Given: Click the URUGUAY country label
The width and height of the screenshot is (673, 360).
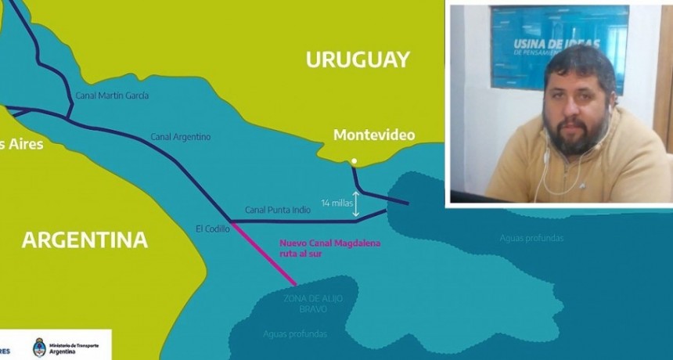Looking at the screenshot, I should pyautogui.click(x=358, y=59).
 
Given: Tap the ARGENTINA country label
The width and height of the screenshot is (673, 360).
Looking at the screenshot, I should pyautogui.click(x=85, y=239).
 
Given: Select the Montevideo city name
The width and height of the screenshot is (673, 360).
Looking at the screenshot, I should pyautogui.click(x=374, y=135).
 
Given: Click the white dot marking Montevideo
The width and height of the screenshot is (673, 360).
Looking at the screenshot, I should pyautogui.click(x=354, y=162).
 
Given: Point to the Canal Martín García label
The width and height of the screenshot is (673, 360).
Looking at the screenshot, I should pyautogui.click(x=112, y=95).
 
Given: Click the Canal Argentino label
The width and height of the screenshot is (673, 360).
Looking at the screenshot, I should pyautogui.click(x=181, y=137).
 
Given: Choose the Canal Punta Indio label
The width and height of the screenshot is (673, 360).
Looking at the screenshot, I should pyautogui.click(x=278, y=210).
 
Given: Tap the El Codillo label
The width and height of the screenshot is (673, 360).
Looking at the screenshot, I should pyautogui.click(x=211, y=229).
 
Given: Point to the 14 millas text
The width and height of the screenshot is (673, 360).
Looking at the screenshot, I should pyautogui.click(x=336, y=203).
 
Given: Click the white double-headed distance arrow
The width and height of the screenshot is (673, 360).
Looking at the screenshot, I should pyautogui.click(x=356, y=203).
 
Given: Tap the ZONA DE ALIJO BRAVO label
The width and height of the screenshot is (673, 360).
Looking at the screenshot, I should pyautogui.click(x=313, y=304).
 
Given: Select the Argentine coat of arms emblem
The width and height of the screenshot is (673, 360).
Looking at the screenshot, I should pyautogui.click(x=39, y=347).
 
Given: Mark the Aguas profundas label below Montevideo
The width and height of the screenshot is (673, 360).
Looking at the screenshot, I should pyautogui.click(x=531, y=238).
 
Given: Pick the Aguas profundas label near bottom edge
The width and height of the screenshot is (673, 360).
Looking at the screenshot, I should pyautogui.click(x=295, y=334).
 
